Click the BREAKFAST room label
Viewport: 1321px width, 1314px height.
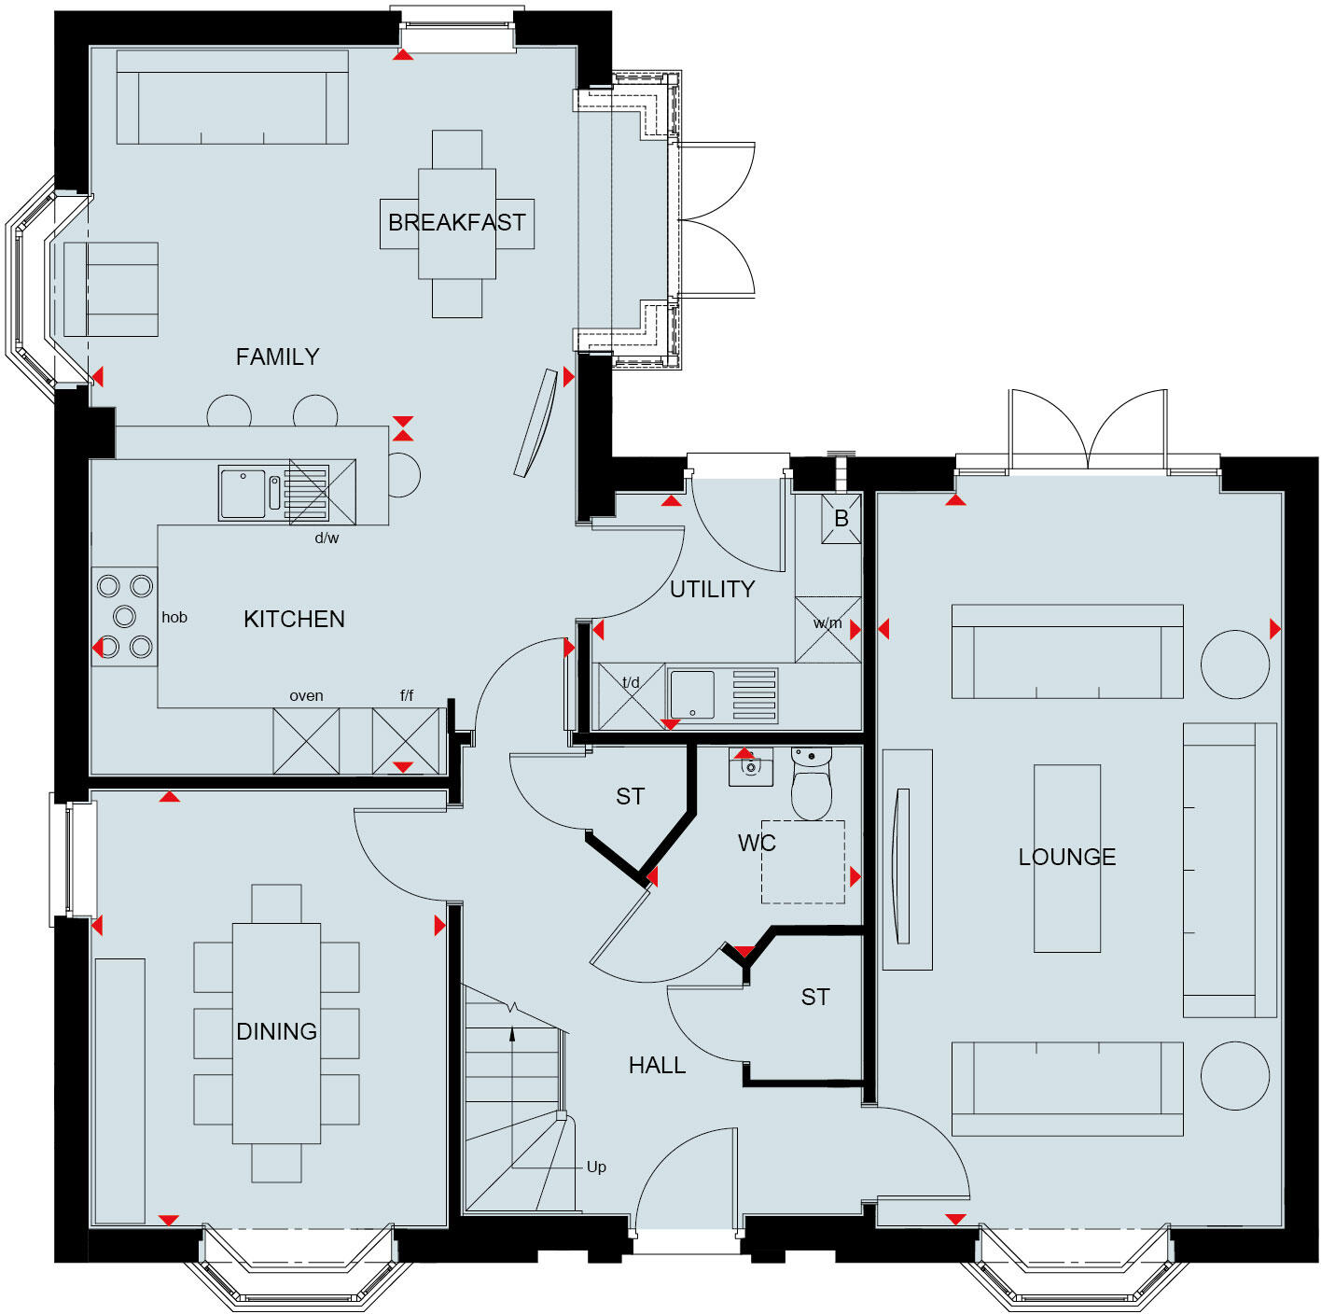[456, 223]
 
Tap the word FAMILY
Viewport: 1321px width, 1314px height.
[277, 356]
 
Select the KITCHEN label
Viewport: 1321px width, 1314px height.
[294, 619]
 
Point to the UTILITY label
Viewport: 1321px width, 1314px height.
[712, 589]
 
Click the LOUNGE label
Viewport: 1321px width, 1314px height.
[1066, 857]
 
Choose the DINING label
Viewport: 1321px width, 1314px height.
[276, 1031]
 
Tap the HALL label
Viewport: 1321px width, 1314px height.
[657, 1065]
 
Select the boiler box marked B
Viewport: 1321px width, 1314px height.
[841, 519]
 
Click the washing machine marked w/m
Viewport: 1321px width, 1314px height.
[827, 629]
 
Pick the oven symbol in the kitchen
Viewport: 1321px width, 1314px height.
[306, 741]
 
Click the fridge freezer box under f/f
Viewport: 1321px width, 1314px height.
[406, 741]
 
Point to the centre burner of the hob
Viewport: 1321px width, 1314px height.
[124, 616]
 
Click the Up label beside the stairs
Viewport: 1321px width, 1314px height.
[596, 1167]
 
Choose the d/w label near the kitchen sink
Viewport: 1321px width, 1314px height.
[327, 538]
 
